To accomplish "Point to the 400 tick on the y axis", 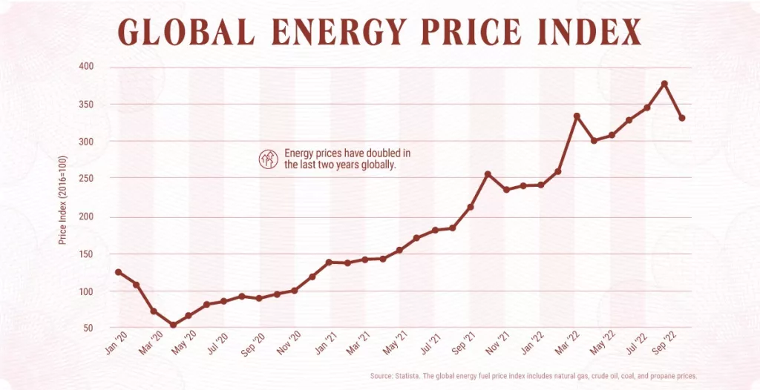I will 87,66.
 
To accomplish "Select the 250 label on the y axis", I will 87,179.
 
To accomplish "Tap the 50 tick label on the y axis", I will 89,328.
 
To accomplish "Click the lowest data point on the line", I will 173,325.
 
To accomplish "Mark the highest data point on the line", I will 664,83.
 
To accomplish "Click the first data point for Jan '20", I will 118,272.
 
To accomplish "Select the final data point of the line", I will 681,118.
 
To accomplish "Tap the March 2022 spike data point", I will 577,116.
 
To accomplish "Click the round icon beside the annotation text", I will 267,159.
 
